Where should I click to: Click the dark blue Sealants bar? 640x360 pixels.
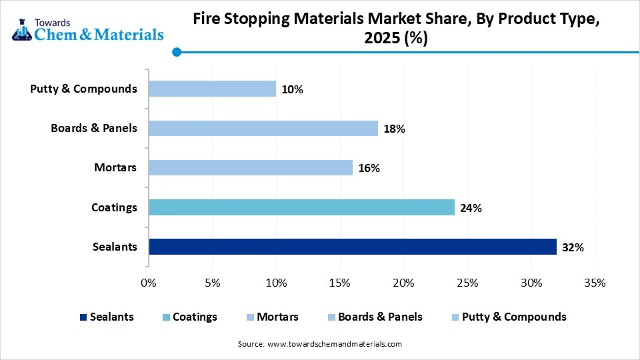click(352, 247)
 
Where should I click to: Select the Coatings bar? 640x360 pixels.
click(301, 207)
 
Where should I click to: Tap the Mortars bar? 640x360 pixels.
click(250, 168)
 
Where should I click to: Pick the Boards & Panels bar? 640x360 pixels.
click(263, 128)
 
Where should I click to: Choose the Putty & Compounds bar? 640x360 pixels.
click(212, 89)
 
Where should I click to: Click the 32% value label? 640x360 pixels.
click(573, 247)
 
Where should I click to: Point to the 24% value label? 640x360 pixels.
click(471, 208)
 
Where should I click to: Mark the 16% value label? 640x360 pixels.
click(369, 169)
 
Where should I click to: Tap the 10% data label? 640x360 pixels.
click(292, 89)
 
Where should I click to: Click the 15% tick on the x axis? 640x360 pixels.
click(340, 283)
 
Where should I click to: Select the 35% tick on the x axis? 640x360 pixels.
click(595, 283)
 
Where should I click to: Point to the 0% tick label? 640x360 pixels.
click(149, 283)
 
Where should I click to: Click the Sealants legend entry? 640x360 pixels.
click(107, 317)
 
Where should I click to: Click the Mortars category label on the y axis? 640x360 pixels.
click(115, 168)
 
